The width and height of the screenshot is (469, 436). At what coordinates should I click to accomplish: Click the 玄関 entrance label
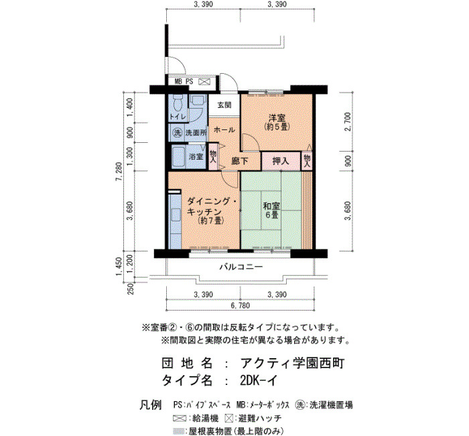(x=224, y=105)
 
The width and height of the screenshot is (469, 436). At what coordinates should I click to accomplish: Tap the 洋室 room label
(x=277, y=117)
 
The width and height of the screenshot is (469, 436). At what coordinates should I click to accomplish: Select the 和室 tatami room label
(x=271, y=206)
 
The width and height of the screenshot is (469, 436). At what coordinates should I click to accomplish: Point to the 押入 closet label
(x=281, y=161)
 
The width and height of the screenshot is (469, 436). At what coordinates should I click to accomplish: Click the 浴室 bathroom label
(x=196, y=156)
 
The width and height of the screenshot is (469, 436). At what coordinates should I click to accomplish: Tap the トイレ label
(x=178, y=117)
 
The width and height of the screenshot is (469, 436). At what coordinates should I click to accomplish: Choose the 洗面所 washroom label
(x=196, y=133)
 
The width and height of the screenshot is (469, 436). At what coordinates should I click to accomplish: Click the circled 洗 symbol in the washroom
(x=178, y=133)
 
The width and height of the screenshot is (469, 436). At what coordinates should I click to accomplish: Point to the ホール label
(x=224, y=130)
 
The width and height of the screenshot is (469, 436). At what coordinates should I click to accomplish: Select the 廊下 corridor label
(x=240, y=161)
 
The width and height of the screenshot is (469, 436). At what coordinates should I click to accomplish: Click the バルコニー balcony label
(x=241, y=266)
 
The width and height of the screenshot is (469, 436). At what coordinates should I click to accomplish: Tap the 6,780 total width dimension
(x=240, y=306)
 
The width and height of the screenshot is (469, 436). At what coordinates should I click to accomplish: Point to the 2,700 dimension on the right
(x=347, y=122)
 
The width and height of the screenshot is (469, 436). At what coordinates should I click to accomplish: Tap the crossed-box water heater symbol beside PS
(x=204, y=82)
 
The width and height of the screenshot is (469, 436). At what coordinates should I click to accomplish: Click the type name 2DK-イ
(x=259, y=380)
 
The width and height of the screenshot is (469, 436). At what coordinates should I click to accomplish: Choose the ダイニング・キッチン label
(x=212, y=206)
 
